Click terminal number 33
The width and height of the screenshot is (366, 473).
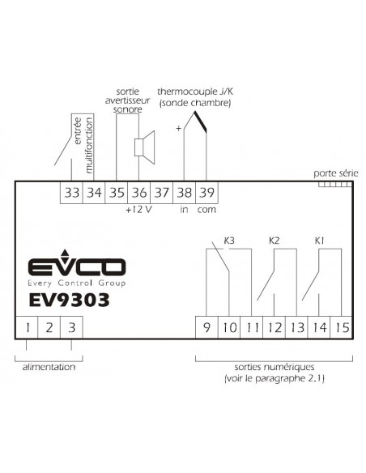tap(71, 193)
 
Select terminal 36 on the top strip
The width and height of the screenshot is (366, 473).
tap(139, 193)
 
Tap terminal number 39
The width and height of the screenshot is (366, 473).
tap(206, 193)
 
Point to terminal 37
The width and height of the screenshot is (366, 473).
tap(162, 193)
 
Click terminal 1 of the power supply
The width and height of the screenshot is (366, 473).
tap(27, 327)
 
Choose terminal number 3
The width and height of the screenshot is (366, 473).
tap(71, 327)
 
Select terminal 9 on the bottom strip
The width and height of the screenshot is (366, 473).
tap(206, 327)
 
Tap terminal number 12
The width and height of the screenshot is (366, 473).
tap(274, 327)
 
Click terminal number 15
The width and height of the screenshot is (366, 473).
tap(342, 327)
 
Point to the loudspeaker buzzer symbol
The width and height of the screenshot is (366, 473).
tap(144, 147)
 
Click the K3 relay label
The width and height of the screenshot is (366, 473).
tap(229, 241)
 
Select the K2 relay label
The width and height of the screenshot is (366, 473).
tap(274, 241)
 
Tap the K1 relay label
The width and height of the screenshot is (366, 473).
tap(319, 241)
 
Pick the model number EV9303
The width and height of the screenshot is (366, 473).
tap(69, 300)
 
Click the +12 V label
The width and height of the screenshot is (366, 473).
tap(138, 209)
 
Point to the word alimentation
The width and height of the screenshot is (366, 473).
tap(49, 367)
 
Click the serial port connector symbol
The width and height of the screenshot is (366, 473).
tap(335, 184)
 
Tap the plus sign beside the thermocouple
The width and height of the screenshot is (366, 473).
tap(178, 129)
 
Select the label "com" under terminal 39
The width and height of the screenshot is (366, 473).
tap(206, 210)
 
